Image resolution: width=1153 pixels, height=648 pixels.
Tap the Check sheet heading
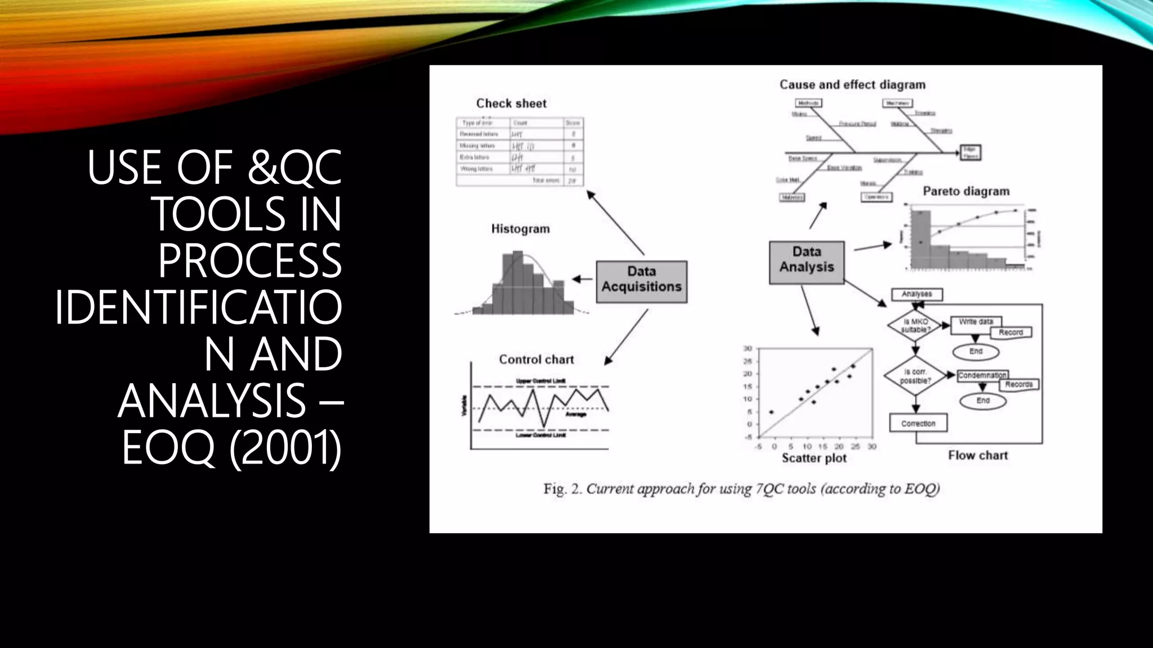click(x=511, y=103)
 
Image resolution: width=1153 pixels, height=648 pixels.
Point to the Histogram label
click(x=520, y=229)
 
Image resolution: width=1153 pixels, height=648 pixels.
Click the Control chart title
click(x=536, y=359)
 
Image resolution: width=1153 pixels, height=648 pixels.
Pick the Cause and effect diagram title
click(x=852, y=85)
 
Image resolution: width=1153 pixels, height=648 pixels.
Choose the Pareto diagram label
click(x=966, y=191)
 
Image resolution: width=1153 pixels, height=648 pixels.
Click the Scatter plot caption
click(x=814, y=458)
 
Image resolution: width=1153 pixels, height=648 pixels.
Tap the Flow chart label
click(x=977, y=456)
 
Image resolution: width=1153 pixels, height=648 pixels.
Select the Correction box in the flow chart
click(x=918, y=424)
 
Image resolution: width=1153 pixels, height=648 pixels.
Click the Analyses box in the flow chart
click(x=917, y=294)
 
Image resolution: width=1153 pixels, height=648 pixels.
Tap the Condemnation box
click(x=982, y=375)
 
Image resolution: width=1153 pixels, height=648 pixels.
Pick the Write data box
click(x=976, y=322)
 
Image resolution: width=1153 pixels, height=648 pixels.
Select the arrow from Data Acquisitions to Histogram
click(x=583, y=279)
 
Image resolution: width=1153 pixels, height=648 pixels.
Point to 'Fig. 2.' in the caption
click(x=562, y=489)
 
